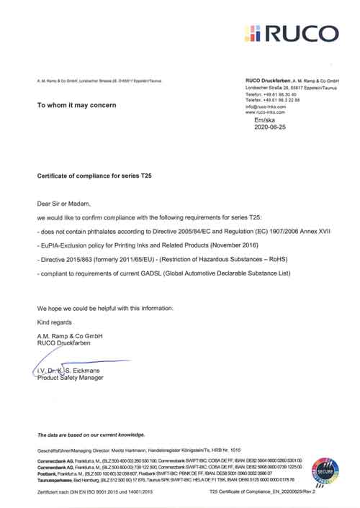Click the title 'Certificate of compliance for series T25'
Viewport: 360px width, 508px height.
click(94, 175)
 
